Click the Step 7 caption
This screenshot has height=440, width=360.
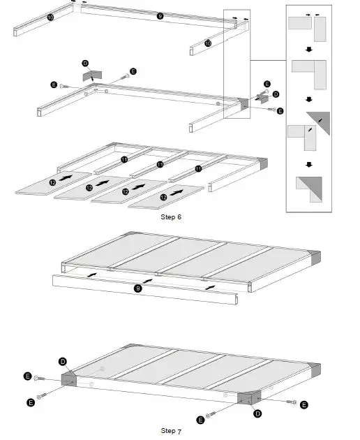[x=170, y=431]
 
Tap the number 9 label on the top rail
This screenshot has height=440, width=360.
[x=160, y=16]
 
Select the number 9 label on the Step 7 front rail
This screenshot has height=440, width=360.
[x=137, y=287]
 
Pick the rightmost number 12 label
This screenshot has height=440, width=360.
[x=163, y=198]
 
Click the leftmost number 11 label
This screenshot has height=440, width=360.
[x=123, y=160]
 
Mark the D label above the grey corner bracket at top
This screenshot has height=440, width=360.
[x=85, y=64]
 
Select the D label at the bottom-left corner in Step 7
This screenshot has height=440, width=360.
[x=62, y=362]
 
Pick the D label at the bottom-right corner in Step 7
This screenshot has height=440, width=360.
[x=257, y=413]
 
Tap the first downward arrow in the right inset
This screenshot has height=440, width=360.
[x=308, y=50]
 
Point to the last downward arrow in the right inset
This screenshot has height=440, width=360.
[x=308, y=166]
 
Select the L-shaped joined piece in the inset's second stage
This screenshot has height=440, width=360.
[x=308, y=73]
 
